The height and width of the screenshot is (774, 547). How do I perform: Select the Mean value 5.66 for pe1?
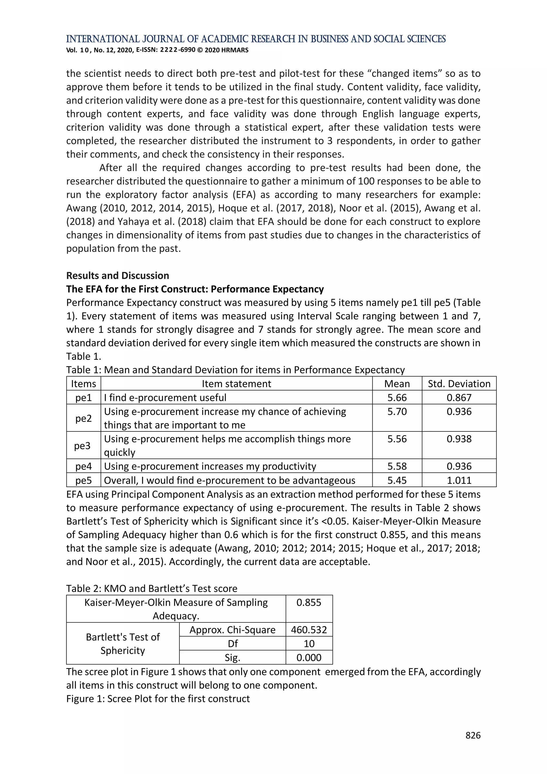tap(397, 398)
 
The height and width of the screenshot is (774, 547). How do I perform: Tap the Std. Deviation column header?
tap(459, 384)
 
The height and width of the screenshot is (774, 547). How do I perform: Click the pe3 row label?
tap(83, 445)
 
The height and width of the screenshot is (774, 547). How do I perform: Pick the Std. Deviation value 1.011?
tap(459, 480)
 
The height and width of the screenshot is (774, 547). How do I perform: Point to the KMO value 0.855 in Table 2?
tap(309, 602)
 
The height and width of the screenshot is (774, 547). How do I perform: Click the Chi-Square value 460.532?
tap(309, 630)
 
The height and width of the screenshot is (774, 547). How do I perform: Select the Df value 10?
tap(309, 644)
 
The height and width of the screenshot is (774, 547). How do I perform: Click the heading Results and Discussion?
tap(117, 275)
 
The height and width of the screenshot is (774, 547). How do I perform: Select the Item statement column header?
tap(236, 384)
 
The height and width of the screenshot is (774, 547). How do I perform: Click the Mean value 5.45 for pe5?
tap(397, 480)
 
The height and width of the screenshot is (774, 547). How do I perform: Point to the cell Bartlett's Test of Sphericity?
tap(123, 644)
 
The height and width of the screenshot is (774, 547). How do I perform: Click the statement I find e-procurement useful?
tap(165, 398)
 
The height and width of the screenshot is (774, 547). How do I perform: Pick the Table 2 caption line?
tap(152, 588)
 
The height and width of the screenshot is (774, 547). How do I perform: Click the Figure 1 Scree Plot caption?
tap(158, 698)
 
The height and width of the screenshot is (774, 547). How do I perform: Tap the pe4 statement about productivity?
tap(210, 466)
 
